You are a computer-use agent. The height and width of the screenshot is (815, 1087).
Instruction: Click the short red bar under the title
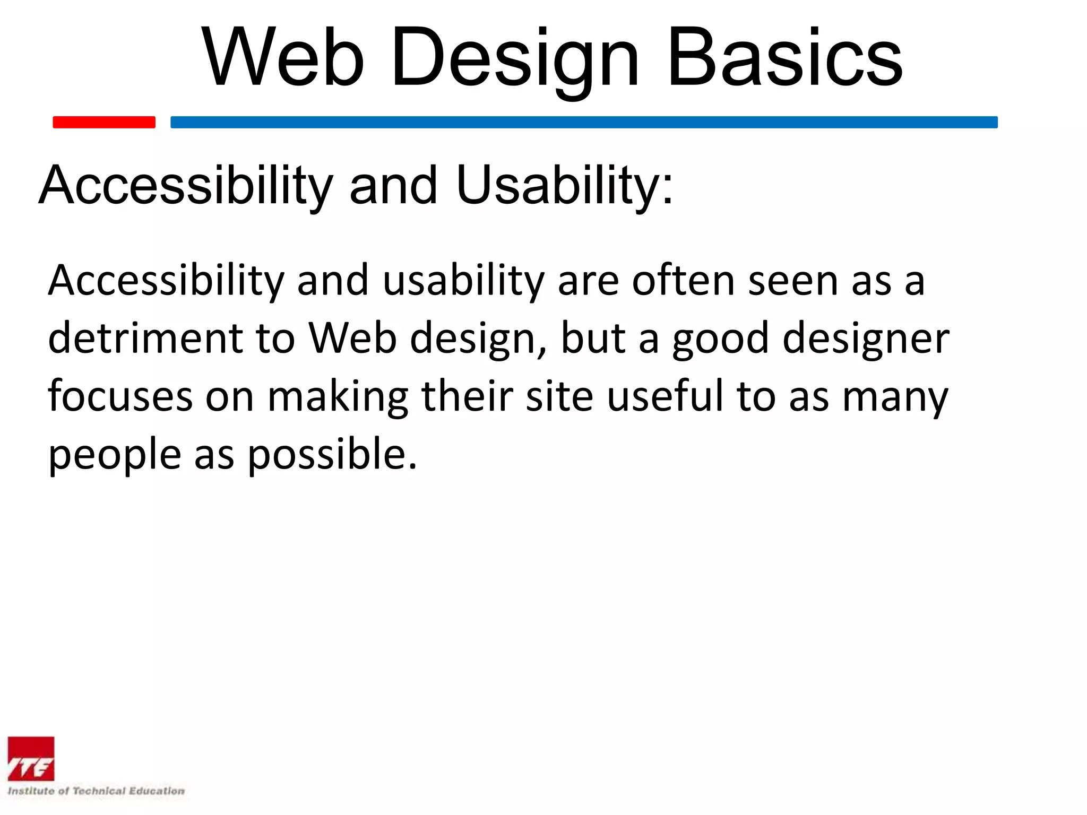pos(104,122)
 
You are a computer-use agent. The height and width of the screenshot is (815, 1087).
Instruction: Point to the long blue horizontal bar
pos(584,122)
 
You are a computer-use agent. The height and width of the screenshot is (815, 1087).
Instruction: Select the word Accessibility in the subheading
pos(186,185)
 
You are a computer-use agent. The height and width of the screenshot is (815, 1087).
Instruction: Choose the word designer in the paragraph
pos(866,338)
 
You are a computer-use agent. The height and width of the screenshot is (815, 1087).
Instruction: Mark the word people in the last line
pos(115,454)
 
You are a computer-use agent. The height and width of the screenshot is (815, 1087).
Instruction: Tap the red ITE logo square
pos(31,759)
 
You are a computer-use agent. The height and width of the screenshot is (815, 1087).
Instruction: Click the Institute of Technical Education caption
pos(96,791)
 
